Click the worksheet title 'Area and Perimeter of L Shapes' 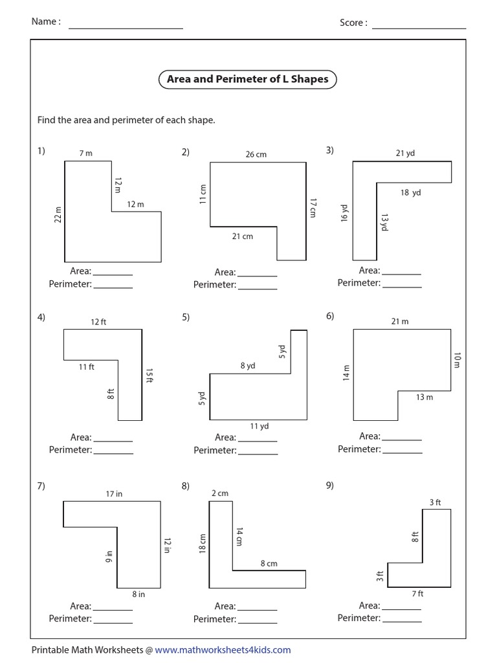(x=248, y=80)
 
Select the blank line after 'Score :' (x=419, y=27)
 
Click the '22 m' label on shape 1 (x=58, y=215)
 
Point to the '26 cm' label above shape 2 (x=256, y=155)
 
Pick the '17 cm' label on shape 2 (x=313, y=207)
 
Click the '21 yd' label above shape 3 (x=405, y=153)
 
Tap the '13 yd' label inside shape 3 (x=384, y=223)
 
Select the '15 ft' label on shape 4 (x=149, y=376)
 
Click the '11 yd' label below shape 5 (x=259, y=426)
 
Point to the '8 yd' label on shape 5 (x=248, y=366)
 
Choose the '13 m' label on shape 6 (x=425, y=397)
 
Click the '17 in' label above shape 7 (x=114, y=494)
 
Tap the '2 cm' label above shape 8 (x=220, y=493)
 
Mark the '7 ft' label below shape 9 (x=417, y=593)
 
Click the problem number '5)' (x=186, y=317)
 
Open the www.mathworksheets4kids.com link (x=223, y=650)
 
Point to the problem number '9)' (x=330, y=485)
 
